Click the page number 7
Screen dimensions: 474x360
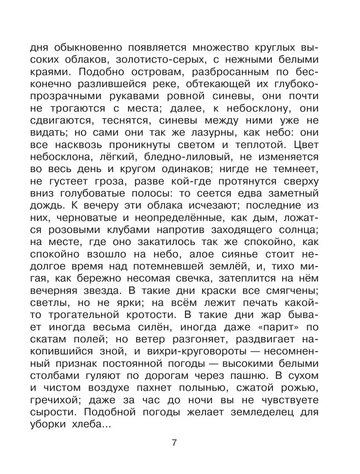tap(174, 443)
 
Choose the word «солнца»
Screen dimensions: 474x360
tap(305, 246)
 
